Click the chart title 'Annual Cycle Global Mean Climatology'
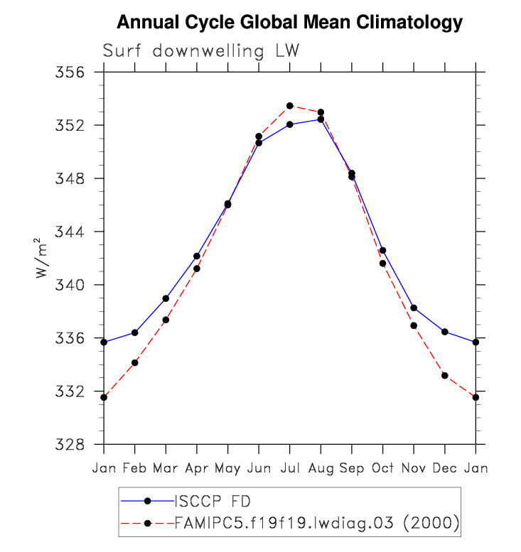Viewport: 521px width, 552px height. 289,23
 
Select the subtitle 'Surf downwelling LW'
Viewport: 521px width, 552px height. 201,51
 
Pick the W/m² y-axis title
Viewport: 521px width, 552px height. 44,258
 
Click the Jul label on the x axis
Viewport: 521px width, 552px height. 289,467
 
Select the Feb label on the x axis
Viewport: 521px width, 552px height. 134,467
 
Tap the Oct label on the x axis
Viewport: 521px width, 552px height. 382,467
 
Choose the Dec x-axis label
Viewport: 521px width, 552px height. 444,467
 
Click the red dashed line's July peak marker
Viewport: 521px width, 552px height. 290,106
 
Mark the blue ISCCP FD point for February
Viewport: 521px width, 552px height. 134,332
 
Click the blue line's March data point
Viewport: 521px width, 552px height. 166,298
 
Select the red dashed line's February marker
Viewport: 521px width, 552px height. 134,362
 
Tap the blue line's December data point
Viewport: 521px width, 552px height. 445,332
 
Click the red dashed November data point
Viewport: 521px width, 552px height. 414,325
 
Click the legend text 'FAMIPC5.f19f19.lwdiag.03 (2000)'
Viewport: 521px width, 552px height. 316,524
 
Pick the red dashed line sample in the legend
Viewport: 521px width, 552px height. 147,524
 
